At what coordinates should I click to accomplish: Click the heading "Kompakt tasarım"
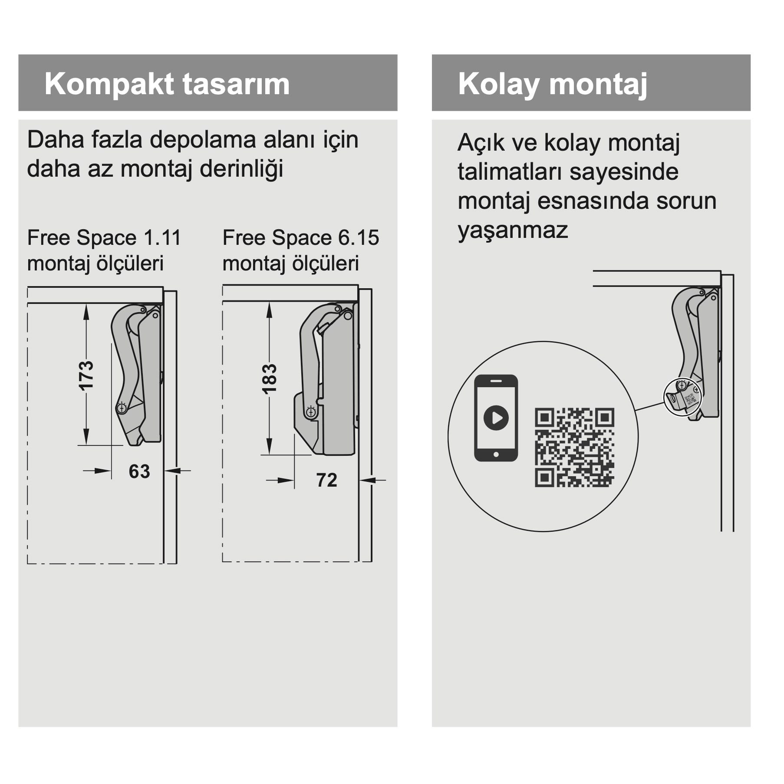[167, 84]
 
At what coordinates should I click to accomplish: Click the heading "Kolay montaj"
[553, 84]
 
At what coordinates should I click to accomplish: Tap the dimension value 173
[86, 376]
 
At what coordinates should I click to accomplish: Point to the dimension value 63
[139, 471]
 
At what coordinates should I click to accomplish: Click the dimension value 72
[326, 480]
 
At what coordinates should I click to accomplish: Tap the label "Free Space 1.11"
[104, 238]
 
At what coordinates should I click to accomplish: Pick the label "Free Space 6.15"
[301, 238]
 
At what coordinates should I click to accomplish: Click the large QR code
[574, 448]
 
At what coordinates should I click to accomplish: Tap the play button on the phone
[496, 418]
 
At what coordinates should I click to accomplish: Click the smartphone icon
[496, 418]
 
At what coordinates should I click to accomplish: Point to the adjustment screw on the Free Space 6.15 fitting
[311, 412]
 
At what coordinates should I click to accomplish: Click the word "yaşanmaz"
[513, 230]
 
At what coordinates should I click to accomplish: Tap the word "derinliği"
[241, 169]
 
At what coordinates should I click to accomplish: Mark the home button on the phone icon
[496, 455]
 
